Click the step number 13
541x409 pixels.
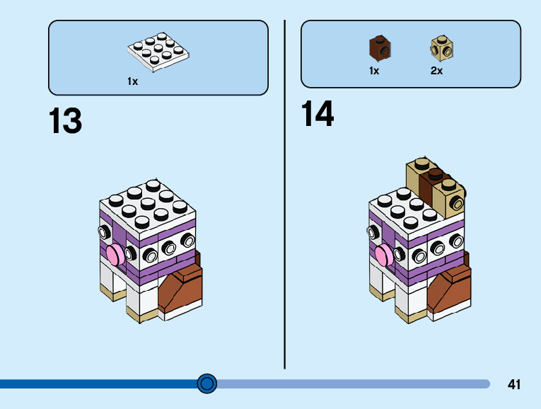[65, 121]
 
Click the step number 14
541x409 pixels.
[318, 114]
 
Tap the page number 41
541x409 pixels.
[514, 385]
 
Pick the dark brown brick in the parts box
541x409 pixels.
[380, 48]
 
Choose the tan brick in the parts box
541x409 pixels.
[441, 48]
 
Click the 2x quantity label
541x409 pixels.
[436, 71]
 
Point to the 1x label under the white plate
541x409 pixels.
[132, 81]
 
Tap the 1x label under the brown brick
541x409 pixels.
[374, 71]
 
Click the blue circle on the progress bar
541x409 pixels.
[206, 384]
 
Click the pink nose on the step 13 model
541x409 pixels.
[112, 252]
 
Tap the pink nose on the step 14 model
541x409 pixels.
[382, 255]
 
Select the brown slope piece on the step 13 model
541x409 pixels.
[182, 289]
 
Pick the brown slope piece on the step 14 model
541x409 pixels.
[449, 290]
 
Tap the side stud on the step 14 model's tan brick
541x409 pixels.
[458, 204]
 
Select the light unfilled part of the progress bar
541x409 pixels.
[354, 384]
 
